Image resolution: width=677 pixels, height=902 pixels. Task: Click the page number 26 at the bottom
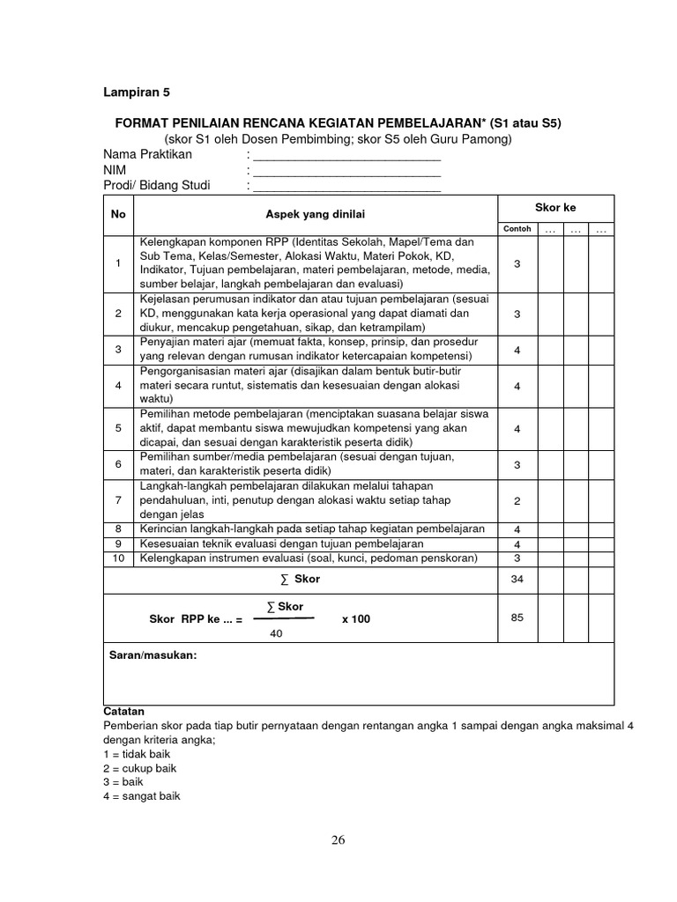(338, 839)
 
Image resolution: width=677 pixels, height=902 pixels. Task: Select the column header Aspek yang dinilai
(316, 215)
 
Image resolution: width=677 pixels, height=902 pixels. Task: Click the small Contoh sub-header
(517, 229)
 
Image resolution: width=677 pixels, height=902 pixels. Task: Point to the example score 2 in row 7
(517, 500)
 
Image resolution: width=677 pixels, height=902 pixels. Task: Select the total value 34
(517, 580)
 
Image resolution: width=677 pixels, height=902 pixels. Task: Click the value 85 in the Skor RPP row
(517, 617)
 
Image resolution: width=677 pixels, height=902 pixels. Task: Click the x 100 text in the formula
(356, 619)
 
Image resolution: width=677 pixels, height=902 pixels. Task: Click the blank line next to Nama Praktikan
(346, 155)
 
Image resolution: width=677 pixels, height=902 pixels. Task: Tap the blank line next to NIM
(346, 170)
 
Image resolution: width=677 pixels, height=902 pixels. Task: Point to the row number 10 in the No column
(118, 558)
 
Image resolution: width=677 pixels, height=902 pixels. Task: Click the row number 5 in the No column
(118, 428)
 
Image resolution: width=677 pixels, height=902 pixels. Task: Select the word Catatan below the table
(124, 711)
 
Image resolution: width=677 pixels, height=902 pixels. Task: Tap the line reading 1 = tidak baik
(137, 754)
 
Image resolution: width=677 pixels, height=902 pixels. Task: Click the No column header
(118, 215)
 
